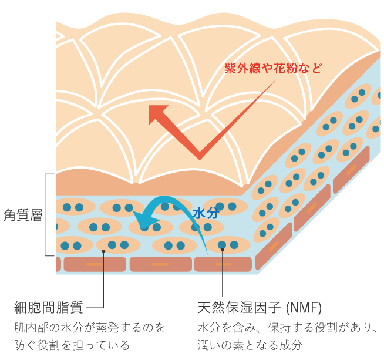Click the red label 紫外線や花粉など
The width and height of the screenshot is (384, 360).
[x=273, y=68]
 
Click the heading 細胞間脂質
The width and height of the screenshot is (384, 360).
[x=49, y=307]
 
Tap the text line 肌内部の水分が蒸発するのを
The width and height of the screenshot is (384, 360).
[x=89, y=327]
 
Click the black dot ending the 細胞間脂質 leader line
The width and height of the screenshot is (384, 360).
[x=103, y=251]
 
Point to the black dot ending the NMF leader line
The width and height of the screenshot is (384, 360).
[x=223, y=251]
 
